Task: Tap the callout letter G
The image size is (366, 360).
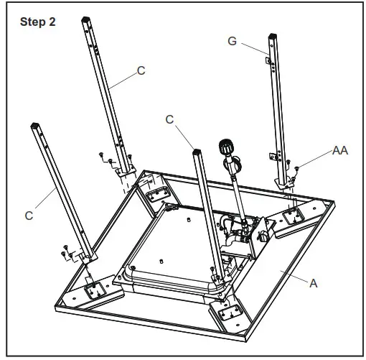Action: [x=232, y=41]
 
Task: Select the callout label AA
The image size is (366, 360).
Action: [x=341, y=151]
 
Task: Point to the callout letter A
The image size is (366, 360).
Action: [x=313, y=283]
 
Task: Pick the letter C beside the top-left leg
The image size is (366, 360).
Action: [x=141, y=72]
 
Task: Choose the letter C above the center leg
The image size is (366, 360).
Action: [x=169, y=120]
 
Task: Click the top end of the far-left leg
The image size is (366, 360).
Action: [x=36, y=126]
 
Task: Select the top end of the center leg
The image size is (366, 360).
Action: [x=195, y=152]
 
